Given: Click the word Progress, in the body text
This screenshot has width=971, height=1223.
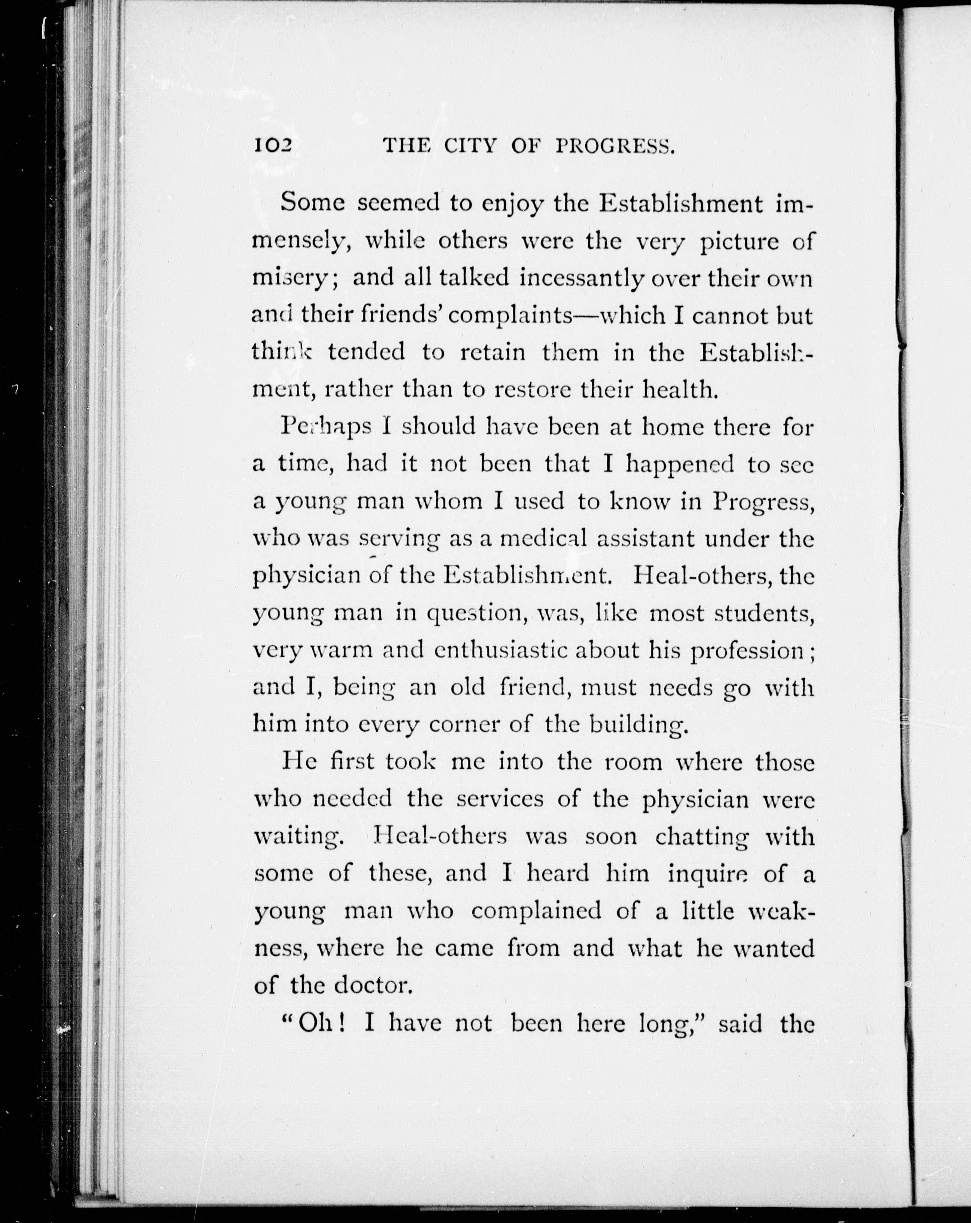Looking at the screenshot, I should (x=764, y=502).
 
